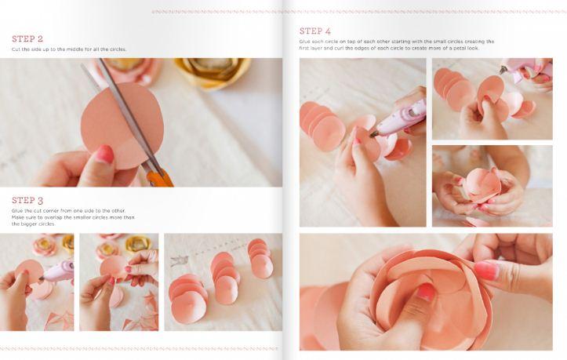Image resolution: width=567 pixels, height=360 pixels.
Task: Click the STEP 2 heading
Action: coord(27,38)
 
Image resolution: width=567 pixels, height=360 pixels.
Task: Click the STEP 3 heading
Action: coord(27,200)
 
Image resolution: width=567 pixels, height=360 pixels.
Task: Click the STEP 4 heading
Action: coord(315,31)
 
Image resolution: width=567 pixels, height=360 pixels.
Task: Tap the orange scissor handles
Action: coord(159,177)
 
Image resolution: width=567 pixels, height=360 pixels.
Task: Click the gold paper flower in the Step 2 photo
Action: coord(213,71)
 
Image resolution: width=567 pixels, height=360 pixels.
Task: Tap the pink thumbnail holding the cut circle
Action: coord(105,154)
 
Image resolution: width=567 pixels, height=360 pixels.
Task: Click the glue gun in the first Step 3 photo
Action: coord(57,271)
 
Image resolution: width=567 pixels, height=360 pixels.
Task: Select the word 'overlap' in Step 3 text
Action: coord(54,217)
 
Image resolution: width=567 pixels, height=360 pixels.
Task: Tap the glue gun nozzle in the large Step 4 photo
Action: coord(374,134)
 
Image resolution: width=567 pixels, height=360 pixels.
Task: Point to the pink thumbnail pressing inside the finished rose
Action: coord(426,293)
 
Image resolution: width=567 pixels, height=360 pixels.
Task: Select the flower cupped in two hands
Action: coord(482,186)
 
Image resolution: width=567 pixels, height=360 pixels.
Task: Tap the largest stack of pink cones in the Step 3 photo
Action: coord(187,298)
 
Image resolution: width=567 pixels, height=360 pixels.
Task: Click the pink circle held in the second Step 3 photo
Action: coord(113,267)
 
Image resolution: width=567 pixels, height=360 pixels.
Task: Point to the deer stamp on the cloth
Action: coord(179,260)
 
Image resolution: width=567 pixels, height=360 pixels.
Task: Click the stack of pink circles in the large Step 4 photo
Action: coord(322,126)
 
